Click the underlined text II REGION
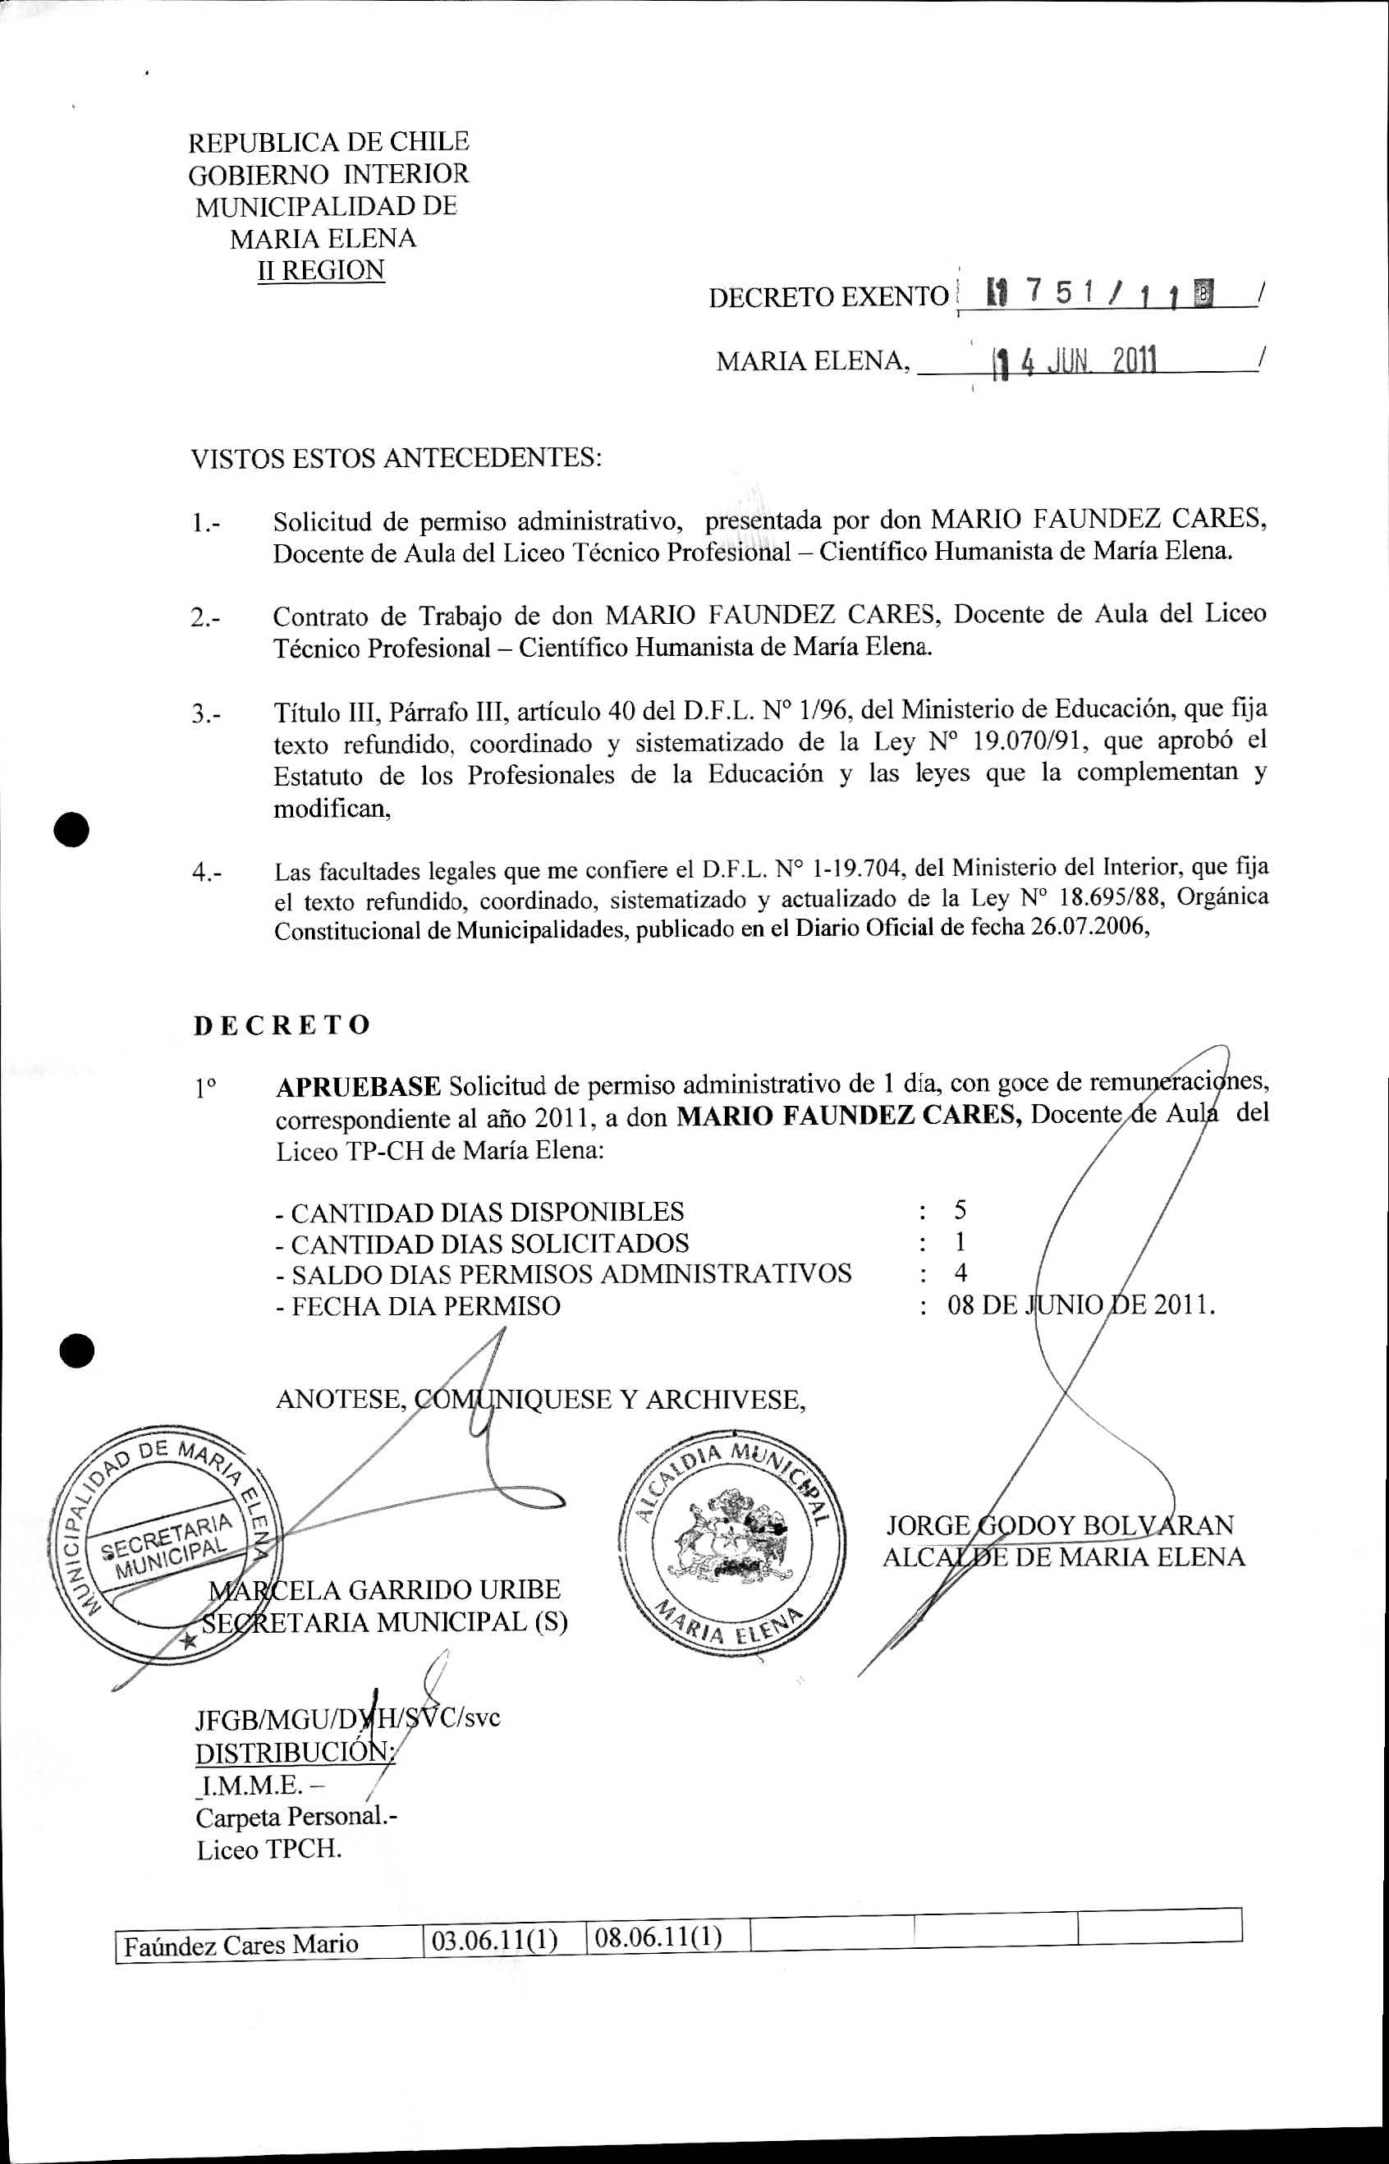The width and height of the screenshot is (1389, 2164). click(321, 271)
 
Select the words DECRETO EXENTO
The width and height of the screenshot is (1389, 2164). click(828, 297)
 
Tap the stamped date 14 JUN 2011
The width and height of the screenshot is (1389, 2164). click(1072, 363)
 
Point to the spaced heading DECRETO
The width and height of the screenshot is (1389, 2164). click(282, 1025)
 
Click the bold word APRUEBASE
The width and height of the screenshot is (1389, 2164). click(358, 1086)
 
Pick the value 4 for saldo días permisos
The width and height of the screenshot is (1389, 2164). click(960, 1272)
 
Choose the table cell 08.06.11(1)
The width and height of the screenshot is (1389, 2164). click(658, 1937)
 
